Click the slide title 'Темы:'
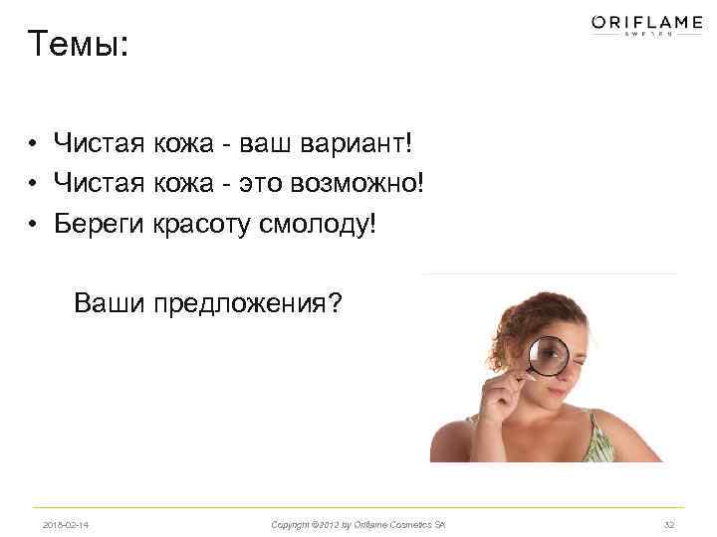(x=79, y=44)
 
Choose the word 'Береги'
(x=100, y=222)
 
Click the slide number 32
(x=668, y=524)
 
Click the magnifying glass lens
(x=547, y=355)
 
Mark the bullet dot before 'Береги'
(x=33, y=222)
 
